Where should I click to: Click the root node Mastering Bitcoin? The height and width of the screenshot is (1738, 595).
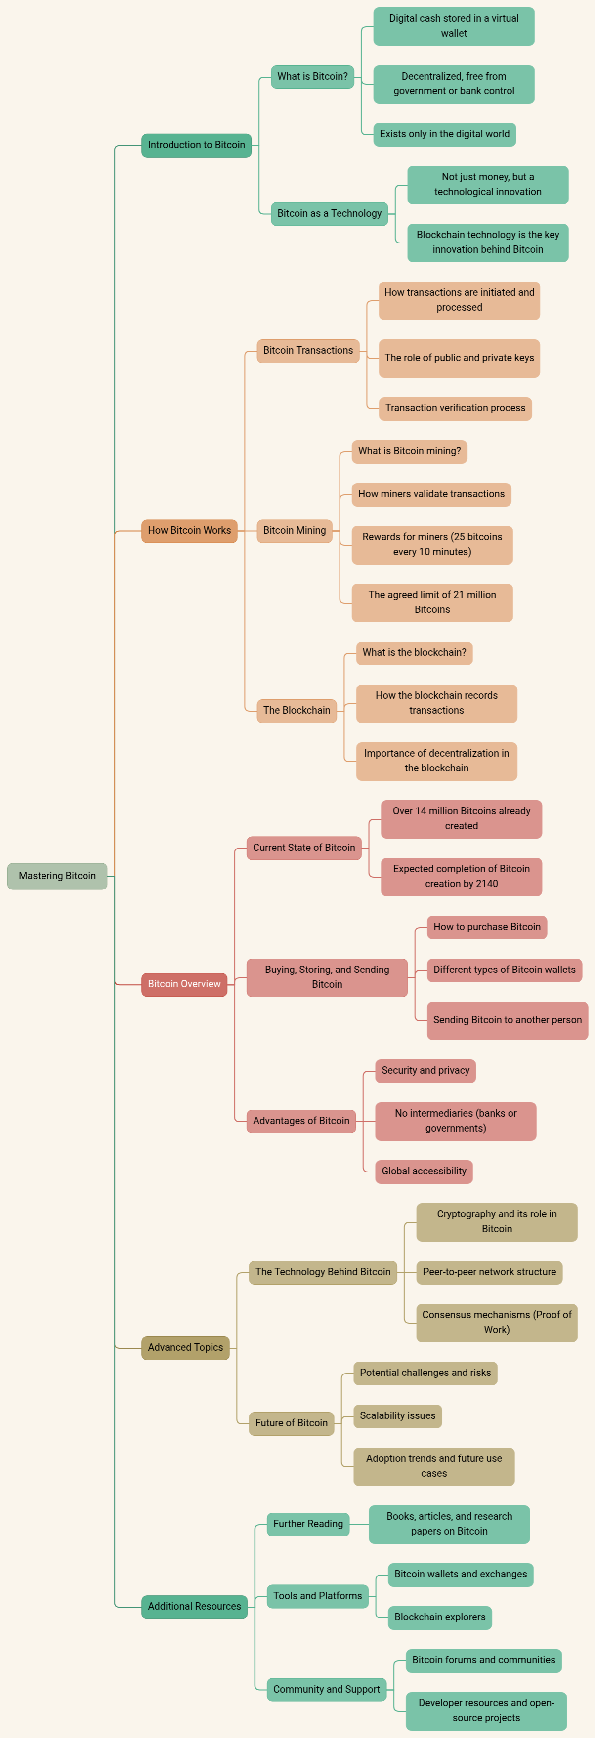[57, 876]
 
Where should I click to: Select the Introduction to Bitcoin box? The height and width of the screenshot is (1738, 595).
[196, 145]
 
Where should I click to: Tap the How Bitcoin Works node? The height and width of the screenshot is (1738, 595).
[189, 531]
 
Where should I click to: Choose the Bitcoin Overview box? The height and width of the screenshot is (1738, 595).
[184, 984]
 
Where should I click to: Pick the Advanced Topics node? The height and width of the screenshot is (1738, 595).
[185, 1347]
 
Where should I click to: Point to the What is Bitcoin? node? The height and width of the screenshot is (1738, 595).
[312, 76]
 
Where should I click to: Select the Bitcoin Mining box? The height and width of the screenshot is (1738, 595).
[295, 531]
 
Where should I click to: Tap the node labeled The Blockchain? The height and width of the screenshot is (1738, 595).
[297, 710]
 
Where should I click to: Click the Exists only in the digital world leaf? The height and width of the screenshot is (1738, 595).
[444, 134]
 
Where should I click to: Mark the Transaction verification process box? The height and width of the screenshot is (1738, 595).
[455, 408]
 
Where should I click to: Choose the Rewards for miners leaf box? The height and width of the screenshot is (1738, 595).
[432, 544]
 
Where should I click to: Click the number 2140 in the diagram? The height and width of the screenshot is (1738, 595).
[486, 884]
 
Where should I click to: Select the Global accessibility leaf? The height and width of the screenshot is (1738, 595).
[424, 1172]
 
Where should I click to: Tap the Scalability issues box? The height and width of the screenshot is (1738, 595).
[397, 1415]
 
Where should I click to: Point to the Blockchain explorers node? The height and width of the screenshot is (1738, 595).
[440, 1617]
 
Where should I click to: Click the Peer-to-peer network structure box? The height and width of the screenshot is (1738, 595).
[489, 1272]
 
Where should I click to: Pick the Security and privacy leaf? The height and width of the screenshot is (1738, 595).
[425, 1071]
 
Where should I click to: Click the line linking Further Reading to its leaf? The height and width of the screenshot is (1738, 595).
[359, 1524]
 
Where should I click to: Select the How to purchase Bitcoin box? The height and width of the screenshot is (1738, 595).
[486, 927]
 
